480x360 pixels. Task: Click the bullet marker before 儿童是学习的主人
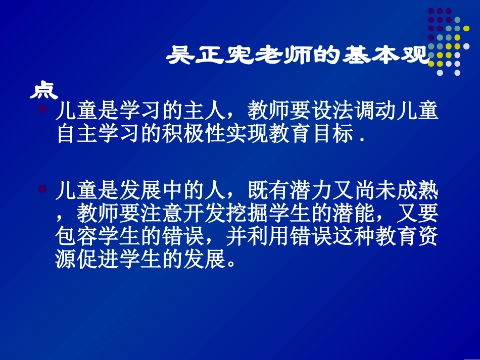click(43, 109)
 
